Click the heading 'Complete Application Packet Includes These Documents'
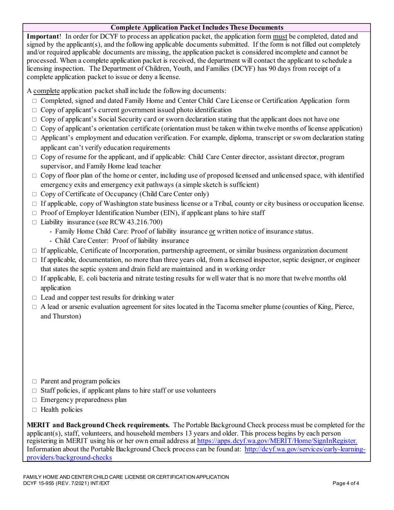197,27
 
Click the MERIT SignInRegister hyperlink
277,442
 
